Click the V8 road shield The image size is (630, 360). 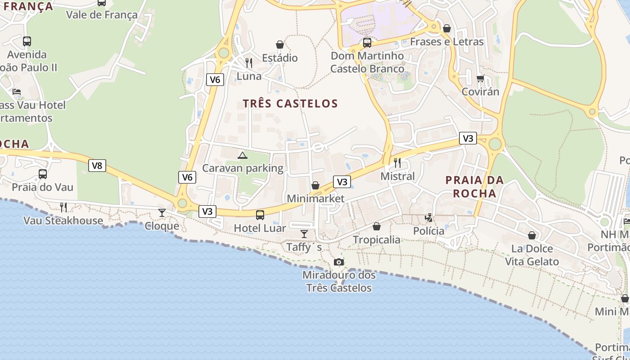coord(97,166)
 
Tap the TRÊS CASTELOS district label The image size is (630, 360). coord(290,103)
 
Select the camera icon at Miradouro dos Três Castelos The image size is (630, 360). coord(339,262)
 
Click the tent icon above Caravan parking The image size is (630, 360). coord(243,156)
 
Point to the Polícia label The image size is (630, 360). coord(429,231)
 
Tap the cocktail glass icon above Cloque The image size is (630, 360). coord(162,212)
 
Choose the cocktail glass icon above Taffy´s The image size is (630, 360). coord(304,234)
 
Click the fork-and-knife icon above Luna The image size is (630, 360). coord(249,63)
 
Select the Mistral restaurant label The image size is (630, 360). coord(398,176)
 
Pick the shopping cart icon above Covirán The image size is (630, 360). coord(481,79)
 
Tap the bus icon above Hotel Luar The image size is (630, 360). coord(260,215)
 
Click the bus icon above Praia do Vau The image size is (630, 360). coord(43,174)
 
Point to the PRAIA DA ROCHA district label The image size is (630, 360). coord(474,187)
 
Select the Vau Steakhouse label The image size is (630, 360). coord(63,220)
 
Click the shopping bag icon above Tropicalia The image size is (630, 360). coord(377,226)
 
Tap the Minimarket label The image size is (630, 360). coord(315,198)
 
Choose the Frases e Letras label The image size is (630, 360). coord(447,42)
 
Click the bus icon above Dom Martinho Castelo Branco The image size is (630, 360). coord(367,43)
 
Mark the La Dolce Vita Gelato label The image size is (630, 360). coord(532,255)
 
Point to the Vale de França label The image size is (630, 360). coord(102,15)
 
